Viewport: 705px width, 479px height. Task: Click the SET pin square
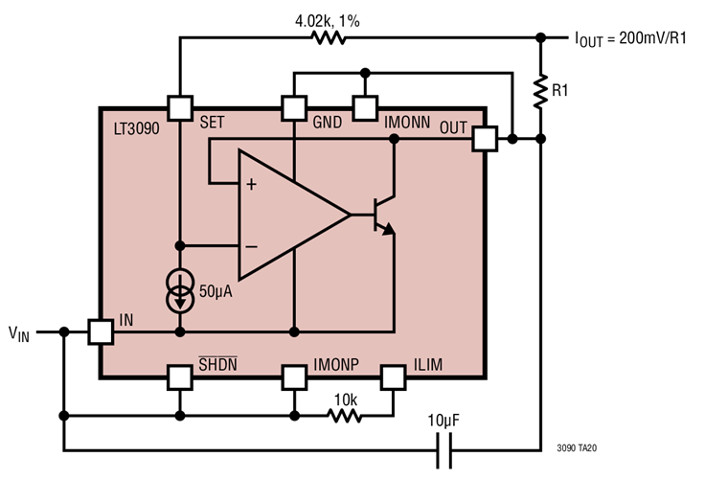[180, 107]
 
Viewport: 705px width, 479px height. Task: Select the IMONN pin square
[364, 107]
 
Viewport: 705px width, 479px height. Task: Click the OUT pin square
[485, 139]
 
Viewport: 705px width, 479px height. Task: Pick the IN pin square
[101, 331]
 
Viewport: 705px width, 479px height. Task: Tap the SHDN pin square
[180, 377]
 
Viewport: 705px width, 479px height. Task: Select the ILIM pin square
[393, 377]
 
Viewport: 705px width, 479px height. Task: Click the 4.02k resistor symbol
[328, 38]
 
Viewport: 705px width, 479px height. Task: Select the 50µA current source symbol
[180, 292]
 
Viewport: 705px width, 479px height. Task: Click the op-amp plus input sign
[251, 184]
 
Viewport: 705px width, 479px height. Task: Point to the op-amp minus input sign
[251, 246]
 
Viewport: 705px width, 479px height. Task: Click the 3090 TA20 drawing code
[575, 446]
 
